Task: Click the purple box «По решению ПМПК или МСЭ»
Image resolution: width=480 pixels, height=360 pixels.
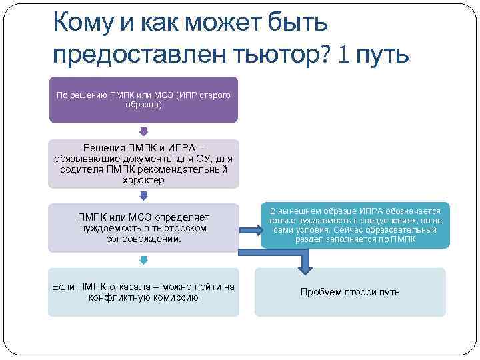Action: (143, 99)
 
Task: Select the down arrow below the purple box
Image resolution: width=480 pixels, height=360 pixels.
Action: (143, 131)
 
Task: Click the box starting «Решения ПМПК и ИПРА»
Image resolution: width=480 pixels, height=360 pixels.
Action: (143, 163)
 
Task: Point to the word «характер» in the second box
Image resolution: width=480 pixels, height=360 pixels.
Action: (143, 180)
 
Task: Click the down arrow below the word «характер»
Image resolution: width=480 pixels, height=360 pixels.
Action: (143, 195)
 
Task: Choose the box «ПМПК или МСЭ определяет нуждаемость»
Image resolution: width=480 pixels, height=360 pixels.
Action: (143, 227)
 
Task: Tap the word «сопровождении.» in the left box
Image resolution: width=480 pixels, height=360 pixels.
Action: (143, 237)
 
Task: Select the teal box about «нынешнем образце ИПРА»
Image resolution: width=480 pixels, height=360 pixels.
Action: (355, 225)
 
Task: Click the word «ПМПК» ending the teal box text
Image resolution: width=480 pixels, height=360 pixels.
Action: (404, 239)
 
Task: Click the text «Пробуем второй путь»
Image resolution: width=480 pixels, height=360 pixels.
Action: (350, 292)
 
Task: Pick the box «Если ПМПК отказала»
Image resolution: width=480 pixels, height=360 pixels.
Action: (143, 292)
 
